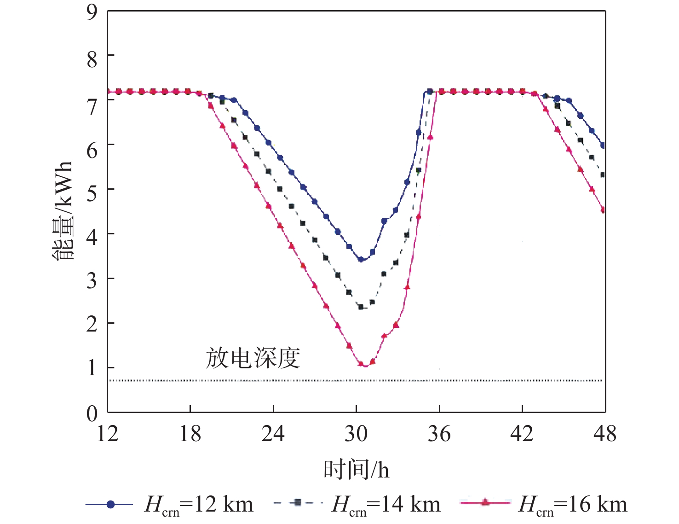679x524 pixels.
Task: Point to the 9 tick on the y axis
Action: point(92,12)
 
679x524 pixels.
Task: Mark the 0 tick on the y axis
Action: point(92,413)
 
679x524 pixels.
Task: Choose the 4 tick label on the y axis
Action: point(92,237)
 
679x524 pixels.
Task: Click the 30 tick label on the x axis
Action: point(356,434)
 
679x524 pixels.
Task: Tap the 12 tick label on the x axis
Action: point(107,434)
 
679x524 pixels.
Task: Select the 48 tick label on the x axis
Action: point(605,434)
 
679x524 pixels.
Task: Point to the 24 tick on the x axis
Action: point(273,434)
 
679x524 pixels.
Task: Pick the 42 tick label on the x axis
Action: point(522,434)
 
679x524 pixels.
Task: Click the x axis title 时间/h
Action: point(356,470)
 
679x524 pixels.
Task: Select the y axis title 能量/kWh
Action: point(63,211)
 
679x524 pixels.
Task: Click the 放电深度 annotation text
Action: point(253,358)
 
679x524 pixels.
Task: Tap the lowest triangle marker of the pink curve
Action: point(361,364)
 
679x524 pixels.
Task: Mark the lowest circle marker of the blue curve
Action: point(361,260)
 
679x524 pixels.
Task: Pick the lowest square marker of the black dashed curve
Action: point(361,307)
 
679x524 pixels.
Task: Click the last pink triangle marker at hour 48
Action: point(604,210)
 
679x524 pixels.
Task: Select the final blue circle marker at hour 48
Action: point(604,146)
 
